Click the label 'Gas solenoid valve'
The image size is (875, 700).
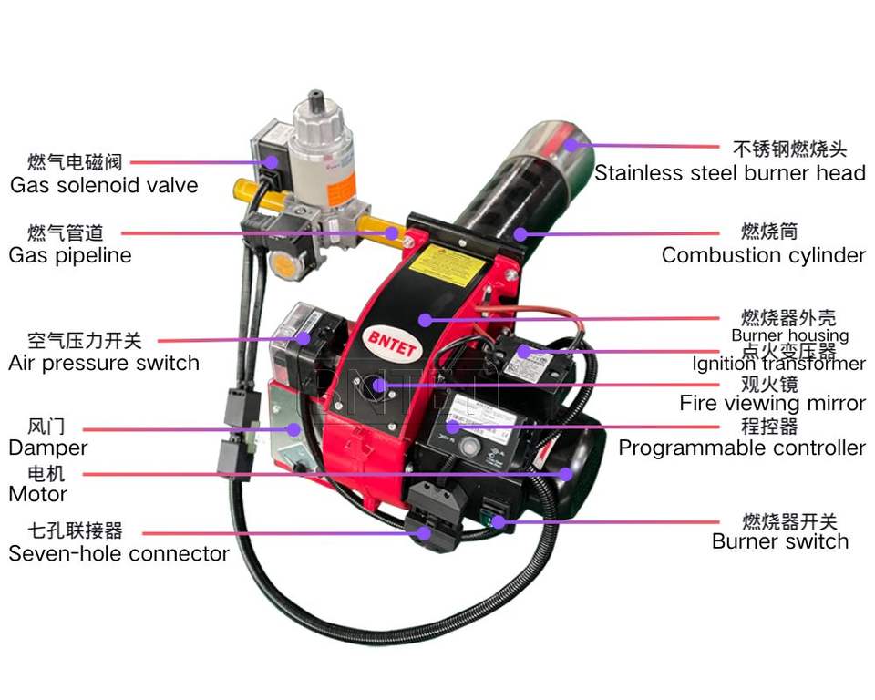click(x=103, y=185)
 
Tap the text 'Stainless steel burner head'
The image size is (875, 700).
click(x=729, y=172)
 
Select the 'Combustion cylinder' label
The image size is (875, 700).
click(x=763, y=255)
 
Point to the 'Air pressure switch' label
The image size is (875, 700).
click(x=103, y=363)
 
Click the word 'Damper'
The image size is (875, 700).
click(x=47, y=448)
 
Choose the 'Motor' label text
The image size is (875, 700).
click(x=37, y=494)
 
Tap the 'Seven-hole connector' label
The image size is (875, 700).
click(x=118, y=553)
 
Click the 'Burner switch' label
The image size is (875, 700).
click(x=779, y=541)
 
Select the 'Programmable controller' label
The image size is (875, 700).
click(x=741, y=448)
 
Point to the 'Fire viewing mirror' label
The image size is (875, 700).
click(x=772, y=403)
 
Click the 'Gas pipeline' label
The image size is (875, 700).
click(x=70, y=255)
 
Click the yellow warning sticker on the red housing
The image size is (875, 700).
click(x=448, y=265)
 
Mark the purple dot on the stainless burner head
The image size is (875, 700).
click(x=571, y=144)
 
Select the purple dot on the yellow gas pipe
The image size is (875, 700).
click(x=392, y=233)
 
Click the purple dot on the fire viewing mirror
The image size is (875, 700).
click(x=377, y=386)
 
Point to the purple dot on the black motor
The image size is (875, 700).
click(x=566, y=474)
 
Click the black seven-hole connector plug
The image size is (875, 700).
click(x=428, y=520)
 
